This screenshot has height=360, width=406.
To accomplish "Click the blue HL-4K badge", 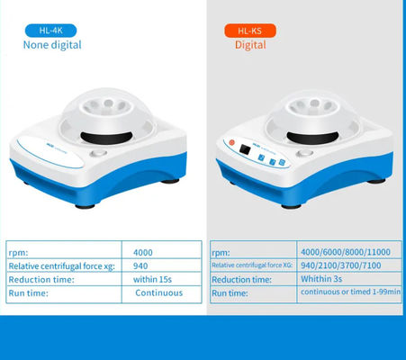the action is [x=50, y=31].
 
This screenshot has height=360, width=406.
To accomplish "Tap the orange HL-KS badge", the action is [x=250, y=31].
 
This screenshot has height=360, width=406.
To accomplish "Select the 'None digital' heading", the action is [x=52, y=45].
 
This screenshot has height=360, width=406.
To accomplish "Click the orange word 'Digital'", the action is [x=250, y=45].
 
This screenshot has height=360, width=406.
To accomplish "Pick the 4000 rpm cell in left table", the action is [x=143, y=253].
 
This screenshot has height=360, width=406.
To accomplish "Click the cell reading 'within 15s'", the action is [x=152, y=280].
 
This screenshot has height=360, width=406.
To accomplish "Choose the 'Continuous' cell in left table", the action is [x=158, y=292].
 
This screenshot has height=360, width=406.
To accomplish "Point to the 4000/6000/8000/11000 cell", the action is [x=346, y=252].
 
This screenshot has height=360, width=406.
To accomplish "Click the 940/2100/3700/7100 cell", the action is [x=341, y=265].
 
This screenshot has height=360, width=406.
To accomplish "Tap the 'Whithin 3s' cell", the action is [x=321, y=279].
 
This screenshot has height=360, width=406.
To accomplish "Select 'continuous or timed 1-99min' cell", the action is [x=350, y=292].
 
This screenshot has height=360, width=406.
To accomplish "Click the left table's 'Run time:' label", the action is [x=28, y=293].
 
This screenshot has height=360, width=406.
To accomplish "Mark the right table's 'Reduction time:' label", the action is [x=241, y=280].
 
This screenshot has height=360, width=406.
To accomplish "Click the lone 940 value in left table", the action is [x=140, y=266].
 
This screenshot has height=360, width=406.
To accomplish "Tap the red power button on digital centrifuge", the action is [x=231, y=142].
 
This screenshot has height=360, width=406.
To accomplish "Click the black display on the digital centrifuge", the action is [x=245, y=149].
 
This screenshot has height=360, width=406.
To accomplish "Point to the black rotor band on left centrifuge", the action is [x=106, y=138].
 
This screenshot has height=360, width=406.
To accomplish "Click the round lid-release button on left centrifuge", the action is [x=98, y=154].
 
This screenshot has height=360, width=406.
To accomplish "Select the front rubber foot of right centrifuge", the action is [x=291, y=207].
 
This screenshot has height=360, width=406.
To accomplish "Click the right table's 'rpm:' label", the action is [x=221, y=253].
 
